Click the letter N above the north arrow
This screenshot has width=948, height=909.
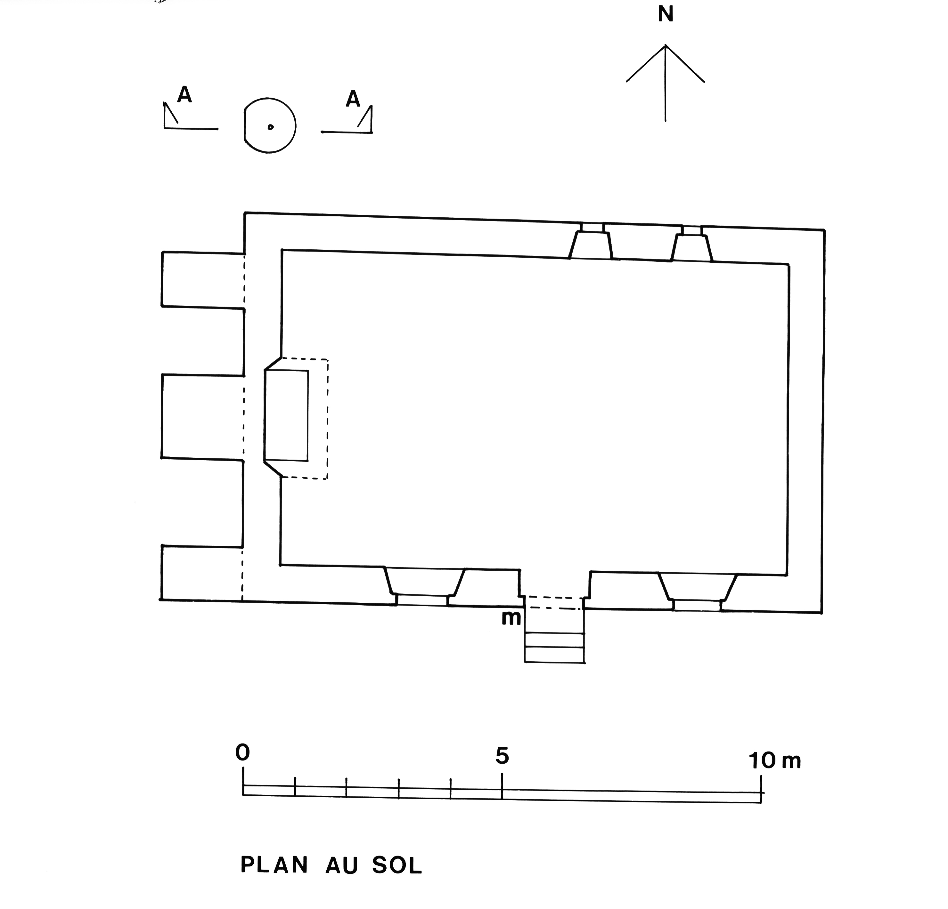(666, 15)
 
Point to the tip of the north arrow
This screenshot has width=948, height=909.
(666, 46)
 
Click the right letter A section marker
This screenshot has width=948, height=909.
(353, 100)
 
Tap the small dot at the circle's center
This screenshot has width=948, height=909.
(270, 127)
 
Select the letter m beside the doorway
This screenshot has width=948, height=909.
(511, 618)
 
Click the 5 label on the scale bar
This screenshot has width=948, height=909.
(502, 756)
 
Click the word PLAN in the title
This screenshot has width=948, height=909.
(274, 865)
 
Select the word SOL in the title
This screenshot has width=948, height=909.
(397, 866)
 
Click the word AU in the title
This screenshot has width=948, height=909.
(341, 866)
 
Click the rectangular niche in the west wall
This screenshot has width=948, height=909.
(286, 415)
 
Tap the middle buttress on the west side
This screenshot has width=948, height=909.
(202, 416)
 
